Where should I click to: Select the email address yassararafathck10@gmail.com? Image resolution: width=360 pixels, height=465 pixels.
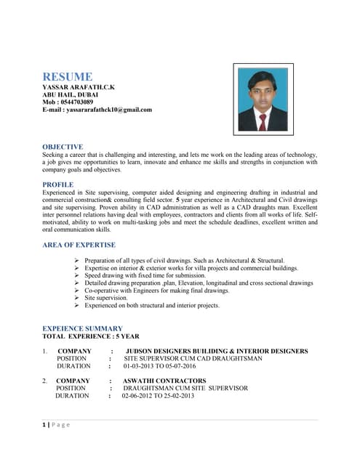pos(97,110)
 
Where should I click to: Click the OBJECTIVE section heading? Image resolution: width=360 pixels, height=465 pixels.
pos(63,146)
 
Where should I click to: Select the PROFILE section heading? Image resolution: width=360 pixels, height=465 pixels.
pos(58,185)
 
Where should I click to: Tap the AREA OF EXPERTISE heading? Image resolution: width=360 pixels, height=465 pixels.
pos(79,246)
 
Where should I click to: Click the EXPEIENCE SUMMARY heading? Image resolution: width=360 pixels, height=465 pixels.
pos(82,328)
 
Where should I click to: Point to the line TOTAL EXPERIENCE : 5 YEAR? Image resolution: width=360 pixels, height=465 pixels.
pos(91,336)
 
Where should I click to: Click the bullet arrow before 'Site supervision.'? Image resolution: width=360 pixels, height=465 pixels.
pos(78,298)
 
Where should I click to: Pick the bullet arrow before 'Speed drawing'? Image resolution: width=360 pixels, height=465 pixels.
pos(78,275)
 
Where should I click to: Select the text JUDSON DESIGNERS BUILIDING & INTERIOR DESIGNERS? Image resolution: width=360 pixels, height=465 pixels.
pos(217,352)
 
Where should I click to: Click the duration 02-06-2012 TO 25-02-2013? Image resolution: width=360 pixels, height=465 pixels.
pos(158,396)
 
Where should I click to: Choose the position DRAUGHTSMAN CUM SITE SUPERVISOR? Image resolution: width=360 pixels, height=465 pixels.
pos(185,388)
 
